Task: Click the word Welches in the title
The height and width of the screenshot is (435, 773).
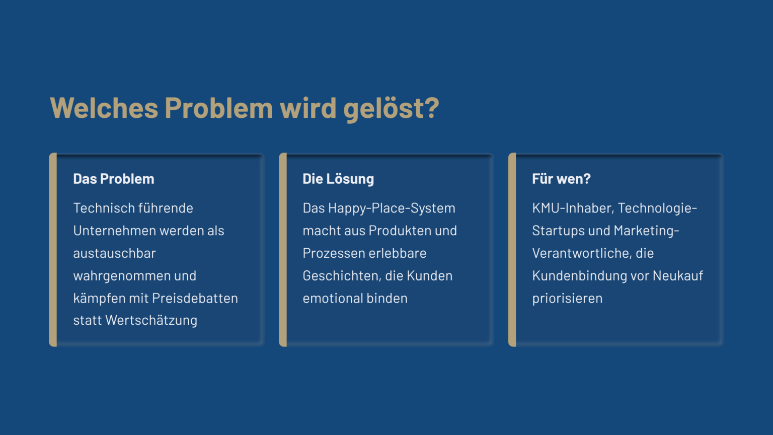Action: pyautogui.click(x=104, y=108)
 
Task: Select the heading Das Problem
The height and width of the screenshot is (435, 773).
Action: pyautogui.click(x=114, y=179)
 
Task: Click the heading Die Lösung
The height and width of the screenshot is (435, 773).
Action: pyautogui.click(x=338, y=179)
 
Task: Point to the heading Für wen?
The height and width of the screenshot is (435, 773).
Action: pyautogui.click(x=561, y=179)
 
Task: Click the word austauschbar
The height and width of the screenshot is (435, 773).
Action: pyautogui.click(x=115, y=253)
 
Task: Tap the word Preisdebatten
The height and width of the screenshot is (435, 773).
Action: pyautogui.click(x=195, y=298)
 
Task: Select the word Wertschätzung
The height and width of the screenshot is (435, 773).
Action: pyautogui.click(x=151, y=320)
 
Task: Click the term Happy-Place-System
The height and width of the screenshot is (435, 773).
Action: pyautogui.click(x=392, y=208)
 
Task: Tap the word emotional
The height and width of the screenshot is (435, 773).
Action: pyautogui.click(x=333, y=298)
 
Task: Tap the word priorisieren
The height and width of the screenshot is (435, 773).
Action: pyautogui.click(x=567, y=299)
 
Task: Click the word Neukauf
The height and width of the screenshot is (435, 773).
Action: pyautogui.click(x=678, y=276)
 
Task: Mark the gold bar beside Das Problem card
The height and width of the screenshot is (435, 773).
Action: pyautogui.click(x=53, y=250)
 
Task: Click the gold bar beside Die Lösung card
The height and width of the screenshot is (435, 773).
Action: pyautogui.click(x=283, y=250)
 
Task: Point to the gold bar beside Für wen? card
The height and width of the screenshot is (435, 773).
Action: pyautogui.click(x=512, y=250)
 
